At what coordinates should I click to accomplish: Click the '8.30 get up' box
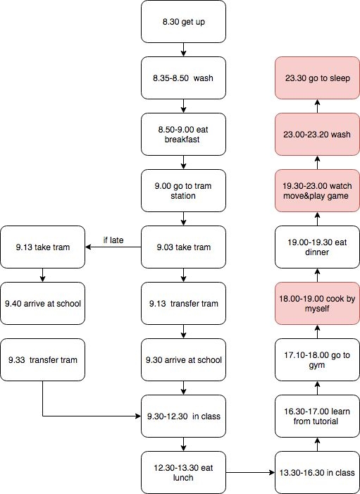point(183,22)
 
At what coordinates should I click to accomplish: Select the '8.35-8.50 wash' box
point(183,78)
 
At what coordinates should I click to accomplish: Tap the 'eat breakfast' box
point(183,134)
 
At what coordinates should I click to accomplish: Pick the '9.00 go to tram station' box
point(183,190)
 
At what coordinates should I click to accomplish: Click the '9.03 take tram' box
point(183,247)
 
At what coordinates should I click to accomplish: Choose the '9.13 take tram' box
point(42,247)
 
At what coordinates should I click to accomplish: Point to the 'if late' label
point(113,240)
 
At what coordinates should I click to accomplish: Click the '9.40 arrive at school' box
point(42,304)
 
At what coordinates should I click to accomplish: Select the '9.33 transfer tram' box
point(42,360)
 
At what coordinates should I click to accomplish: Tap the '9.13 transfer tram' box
point(183,304)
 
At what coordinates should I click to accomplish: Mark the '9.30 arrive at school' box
point(183,360)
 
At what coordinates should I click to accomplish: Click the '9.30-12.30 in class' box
point(183,416)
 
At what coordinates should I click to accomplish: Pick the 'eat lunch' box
point(183,473)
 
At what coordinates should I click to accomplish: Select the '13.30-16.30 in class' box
point(317,473)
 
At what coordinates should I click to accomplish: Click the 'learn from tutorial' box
point(317,416)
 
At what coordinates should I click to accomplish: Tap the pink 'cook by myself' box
point(317,304)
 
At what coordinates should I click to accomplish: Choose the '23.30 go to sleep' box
point(317,78)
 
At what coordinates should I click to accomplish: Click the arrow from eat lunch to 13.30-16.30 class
point(250,473)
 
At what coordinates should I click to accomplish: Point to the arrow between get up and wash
point(183,50)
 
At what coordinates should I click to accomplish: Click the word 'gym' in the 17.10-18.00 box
point(316,366)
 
